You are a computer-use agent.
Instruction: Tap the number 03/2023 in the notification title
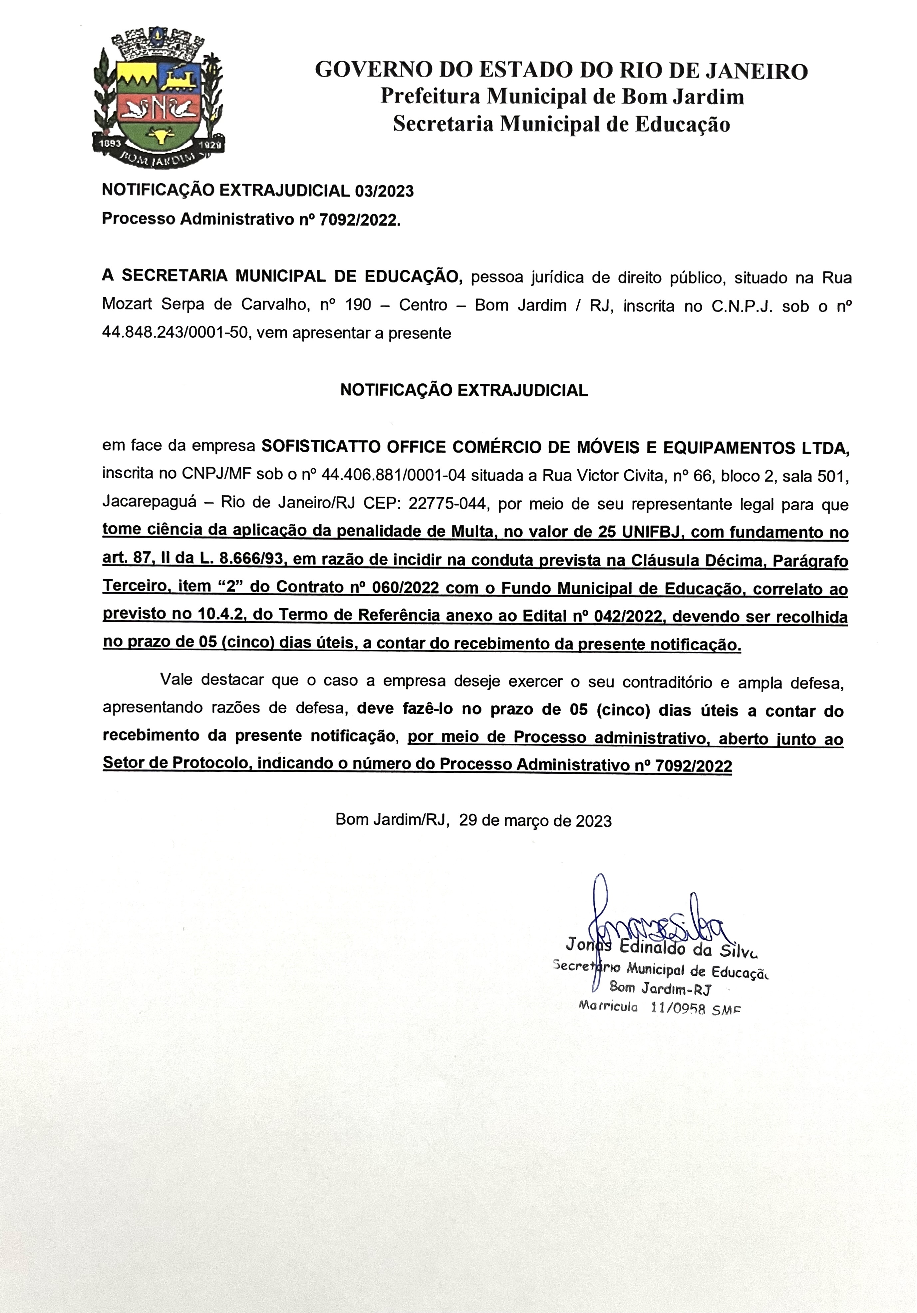[x=384, y=191]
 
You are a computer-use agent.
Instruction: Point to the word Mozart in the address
[x=127, y=305]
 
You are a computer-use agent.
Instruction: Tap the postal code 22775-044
[x=450, y=504]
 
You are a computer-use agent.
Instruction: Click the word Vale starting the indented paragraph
[x=177, y=680]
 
